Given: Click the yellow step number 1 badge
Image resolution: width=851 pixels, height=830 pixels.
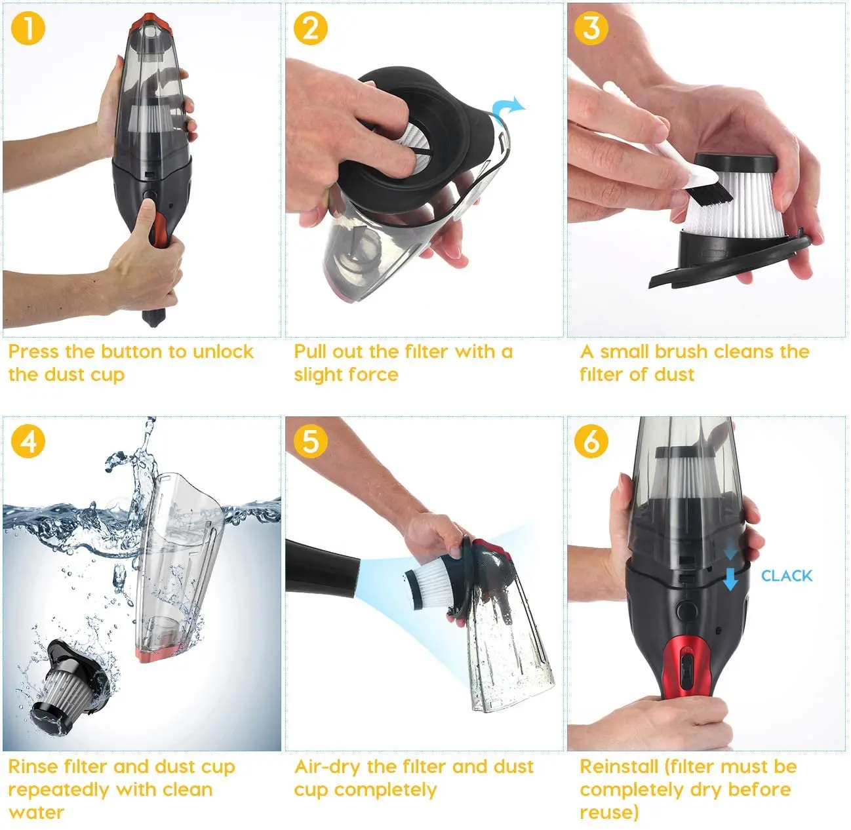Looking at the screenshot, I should click(x=28, y=29).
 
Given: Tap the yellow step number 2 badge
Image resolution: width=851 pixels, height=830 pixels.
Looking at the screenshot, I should click(x=310, y=29).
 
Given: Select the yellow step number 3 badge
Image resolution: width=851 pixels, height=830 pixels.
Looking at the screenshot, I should click(x=591, y=29).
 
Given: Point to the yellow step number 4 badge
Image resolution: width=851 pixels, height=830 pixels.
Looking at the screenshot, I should click(x=28, y=441).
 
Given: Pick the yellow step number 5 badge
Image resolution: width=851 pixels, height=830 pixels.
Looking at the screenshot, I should click(x=310, y=441).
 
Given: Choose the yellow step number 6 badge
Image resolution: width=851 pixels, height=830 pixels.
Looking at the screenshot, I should click(x=591, y=441).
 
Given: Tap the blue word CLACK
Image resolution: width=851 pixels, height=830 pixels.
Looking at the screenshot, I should click(x=786, y=576).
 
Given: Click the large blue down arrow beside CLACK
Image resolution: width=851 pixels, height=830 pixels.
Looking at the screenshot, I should click(x=730, y=579).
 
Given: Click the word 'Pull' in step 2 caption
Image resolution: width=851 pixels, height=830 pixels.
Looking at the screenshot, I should click(x=310, y=352).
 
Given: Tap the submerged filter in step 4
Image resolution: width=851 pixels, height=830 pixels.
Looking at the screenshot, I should click(x=66, y=685).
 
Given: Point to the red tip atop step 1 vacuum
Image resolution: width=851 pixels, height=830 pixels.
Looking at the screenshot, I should click(x=155, y=22).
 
